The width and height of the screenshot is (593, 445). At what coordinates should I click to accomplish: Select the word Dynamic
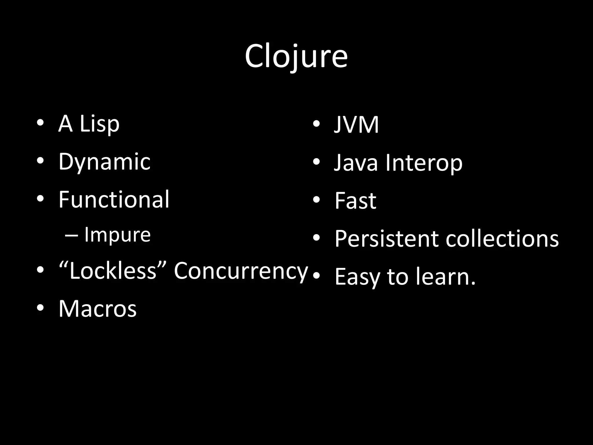click(105, 162)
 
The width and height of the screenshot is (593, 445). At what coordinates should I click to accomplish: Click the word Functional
click(114, 200)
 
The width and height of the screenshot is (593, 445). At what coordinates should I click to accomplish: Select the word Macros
click(98, 309)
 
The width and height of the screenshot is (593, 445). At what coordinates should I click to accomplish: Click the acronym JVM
click(356, 125)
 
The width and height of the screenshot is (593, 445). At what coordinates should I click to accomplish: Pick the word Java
click(356, 163)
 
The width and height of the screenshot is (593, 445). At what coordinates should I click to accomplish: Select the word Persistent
click(387, 239)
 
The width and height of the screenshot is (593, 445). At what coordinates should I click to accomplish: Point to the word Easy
click(357, 277)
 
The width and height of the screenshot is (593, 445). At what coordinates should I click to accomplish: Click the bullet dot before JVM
click(316, 124)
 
